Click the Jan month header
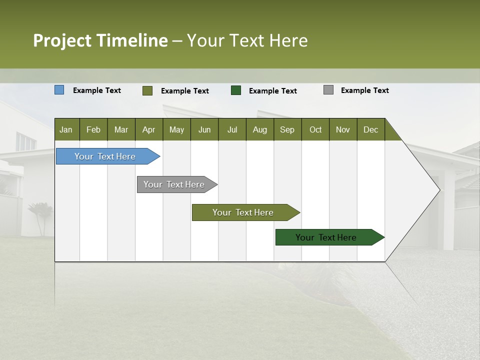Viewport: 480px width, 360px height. click(66, 129)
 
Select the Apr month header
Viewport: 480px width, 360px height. click(148, 129)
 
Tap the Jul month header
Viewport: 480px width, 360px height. click(232, 129)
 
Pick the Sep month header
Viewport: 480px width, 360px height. click(287, 129)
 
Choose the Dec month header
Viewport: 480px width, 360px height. click(370, 129)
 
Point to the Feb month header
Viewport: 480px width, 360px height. click(93, 129)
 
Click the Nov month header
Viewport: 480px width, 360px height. click(342, 129)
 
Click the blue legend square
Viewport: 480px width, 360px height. click(59, 90)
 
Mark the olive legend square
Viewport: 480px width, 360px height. click(147, 90)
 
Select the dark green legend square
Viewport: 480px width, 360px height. click(236, 90)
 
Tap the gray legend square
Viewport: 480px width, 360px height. click(328, 90)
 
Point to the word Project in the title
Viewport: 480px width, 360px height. click(62, 40)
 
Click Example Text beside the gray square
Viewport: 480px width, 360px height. click(364, 90)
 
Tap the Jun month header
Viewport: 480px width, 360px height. click(204, 129)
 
